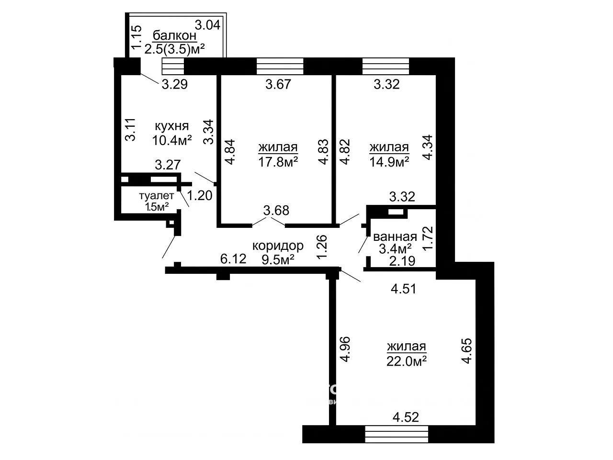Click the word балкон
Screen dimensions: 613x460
coord(174,36)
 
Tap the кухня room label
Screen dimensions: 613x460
coord(172,126)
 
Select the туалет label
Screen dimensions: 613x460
coord(157,196)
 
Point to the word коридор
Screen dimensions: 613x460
coord(278,246)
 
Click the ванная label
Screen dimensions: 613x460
coord(395,237)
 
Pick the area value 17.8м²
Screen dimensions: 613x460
coord(278,162)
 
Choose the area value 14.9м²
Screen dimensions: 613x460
coord(389,162)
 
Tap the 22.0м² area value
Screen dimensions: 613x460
coord(406,361)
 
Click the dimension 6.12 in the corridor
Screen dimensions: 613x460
coord(233,259)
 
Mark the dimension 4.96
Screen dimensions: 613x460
coord(345,349)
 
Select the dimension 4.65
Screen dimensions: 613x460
coord(466,351)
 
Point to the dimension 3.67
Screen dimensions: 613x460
coord(278,84)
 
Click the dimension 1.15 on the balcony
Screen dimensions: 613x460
coord(137,37)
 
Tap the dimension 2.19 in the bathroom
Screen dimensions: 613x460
coord(402,261)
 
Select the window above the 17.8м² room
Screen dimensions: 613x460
coord(280,66)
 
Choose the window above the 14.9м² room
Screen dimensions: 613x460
coord(386,66)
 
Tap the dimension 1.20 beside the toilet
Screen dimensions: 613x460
coord(200,195)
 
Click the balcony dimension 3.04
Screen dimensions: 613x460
coord(207,25)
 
